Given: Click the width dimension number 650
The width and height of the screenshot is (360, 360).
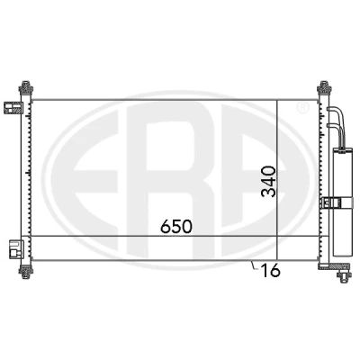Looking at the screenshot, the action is (176, 227).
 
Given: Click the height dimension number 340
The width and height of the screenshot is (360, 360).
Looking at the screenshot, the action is (268, 182).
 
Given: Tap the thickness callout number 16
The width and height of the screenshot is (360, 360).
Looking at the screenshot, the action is (271, 270).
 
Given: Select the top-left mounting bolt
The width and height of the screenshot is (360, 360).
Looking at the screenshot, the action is (26, 87).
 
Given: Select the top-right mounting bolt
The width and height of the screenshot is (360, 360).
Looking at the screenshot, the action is (324, 87).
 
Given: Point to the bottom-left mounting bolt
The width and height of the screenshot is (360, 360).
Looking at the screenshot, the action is (26, 272).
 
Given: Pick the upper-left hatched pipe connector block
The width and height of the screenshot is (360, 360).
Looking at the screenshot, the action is (13, 108).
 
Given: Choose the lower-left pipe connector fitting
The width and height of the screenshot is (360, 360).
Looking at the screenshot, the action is (15, 248).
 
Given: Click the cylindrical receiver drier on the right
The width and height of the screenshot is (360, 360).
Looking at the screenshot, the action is (342, 202).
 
